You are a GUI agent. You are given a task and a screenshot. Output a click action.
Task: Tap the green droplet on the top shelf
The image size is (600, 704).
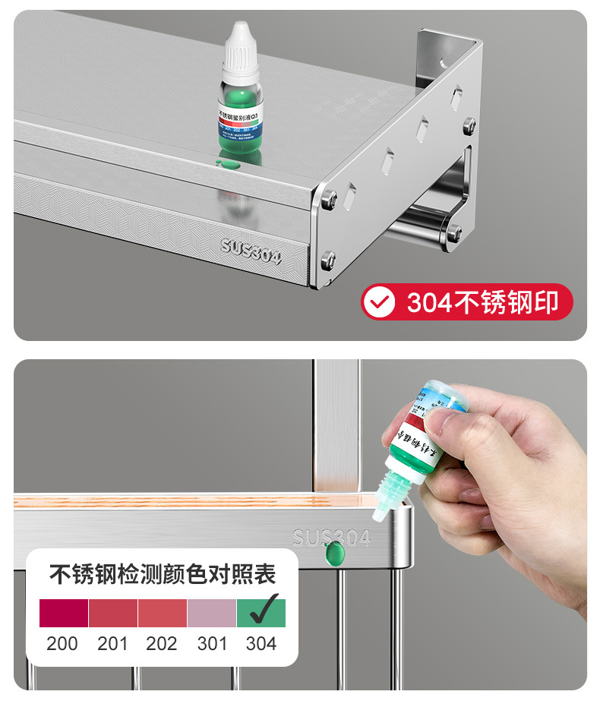click(x=226, y=162)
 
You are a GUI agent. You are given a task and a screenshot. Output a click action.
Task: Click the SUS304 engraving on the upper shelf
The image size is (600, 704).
click(x=251, y=251)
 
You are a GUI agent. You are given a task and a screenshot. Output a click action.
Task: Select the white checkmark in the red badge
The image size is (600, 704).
click(x=378, y=302)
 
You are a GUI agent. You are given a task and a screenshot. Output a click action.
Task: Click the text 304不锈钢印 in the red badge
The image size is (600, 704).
click(x=482, y=302)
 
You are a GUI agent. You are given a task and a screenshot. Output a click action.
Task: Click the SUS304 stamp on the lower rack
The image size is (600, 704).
click(x=331, y=538)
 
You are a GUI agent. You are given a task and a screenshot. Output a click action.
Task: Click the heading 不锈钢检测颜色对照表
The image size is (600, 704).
click(x=163, y=574)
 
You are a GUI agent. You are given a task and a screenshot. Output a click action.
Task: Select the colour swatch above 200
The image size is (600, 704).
click(x=64, y=613)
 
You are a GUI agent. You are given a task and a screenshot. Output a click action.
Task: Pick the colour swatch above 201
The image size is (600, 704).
click(x=113, y=613)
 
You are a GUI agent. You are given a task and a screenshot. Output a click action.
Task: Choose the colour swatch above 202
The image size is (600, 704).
click(x=162, y=613)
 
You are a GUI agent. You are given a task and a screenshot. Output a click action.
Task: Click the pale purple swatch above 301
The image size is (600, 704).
click(x=211, y=613)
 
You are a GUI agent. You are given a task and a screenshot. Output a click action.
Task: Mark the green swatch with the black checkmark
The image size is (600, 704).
click(x=261, y=613)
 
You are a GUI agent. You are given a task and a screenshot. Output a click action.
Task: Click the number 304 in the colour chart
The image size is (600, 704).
click(x=261, y=644)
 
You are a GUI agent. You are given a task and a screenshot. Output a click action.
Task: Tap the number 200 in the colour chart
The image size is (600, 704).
click(x=62, y=644)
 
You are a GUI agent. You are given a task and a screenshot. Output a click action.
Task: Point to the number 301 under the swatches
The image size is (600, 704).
click(x=212, y=644)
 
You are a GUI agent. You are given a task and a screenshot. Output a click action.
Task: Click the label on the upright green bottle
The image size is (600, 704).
click(x=240, y=118)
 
